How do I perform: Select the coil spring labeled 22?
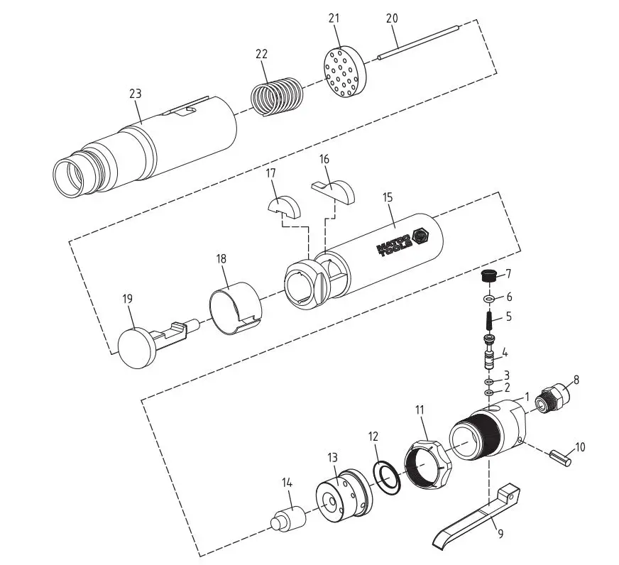point(275,94)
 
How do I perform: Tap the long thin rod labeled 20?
point(420,42)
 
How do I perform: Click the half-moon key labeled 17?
point(284,207)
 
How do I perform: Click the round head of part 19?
point(136,346)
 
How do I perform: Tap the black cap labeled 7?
point(488,276)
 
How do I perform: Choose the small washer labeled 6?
point(489,298)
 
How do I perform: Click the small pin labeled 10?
point(561,454)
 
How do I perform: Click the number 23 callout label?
point(136,93)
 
